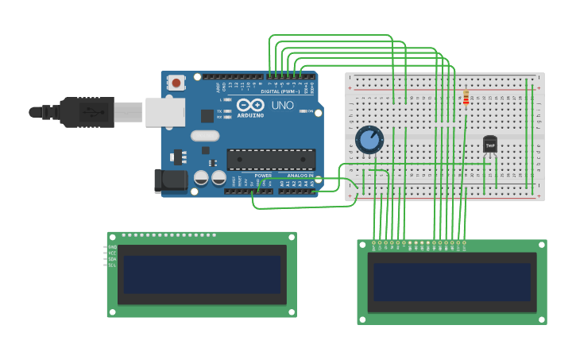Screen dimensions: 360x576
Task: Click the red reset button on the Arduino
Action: click(x=176, y=82)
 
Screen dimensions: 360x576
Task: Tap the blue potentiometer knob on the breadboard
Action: click(x=369, y=140)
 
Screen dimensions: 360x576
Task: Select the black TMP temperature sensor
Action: click(x=490, y=145)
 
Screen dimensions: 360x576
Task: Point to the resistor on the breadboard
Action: click(x=466, y=98)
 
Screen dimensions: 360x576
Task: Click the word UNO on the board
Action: click(x=283, y=105)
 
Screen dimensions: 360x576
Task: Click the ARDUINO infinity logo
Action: click(x=249, y=105)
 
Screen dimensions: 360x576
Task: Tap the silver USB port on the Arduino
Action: click(x=164, y=112)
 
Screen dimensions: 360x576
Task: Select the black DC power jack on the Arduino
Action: click(x=170, y=180)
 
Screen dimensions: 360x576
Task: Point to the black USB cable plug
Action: click(x=87, y=112)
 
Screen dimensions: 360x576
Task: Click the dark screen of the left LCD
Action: click(x=202, y=274)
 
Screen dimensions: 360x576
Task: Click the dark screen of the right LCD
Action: click(x=451, y=282)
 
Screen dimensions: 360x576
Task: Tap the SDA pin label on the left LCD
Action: click(x=112, y=259)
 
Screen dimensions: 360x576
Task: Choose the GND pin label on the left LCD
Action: click(x=112, y=247)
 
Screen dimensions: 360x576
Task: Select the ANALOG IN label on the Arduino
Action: click(x=300, y=175)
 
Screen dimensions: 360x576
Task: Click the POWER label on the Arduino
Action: click(x=263, y=175)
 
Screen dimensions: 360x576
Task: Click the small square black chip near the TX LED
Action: click(x=207, y=115)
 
